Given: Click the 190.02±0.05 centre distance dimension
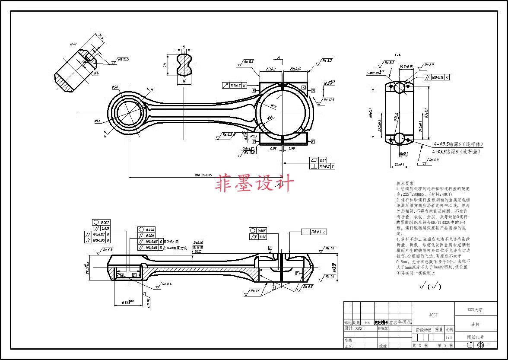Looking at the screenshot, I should click(203, 175).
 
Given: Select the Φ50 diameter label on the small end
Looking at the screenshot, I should click(115, 88).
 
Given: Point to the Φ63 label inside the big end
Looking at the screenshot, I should click(273, 106).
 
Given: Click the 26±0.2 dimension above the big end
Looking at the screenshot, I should click(271, 69).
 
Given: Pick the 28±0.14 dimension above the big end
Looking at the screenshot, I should click(295, 69).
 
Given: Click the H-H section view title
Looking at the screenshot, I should click(73, 44).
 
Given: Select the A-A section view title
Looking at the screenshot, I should click(398, 55).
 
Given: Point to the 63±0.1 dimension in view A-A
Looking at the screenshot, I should click(426, 113).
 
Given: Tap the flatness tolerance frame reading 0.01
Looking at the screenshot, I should click(322, 160).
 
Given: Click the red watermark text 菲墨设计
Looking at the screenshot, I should click(255, 183).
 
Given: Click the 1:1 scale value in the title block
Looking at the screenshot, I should click(449, 338).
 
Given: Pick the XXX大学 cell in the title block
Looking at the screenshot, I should click(475, 310).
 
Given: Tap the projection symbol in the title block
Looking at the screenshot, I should click(475, 345).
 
